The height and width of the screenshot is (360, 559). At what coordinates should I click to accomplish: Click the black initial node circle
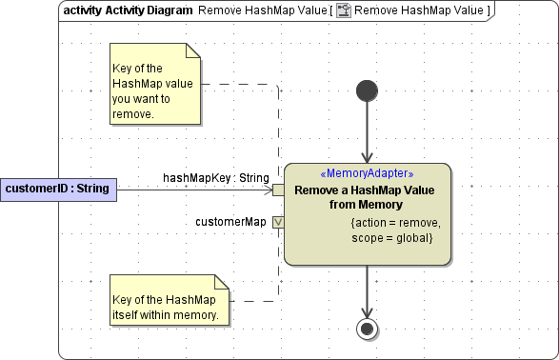coord(367,90)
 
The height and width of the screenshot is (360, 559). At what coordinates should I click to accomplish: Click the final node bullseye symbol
coord(367,329)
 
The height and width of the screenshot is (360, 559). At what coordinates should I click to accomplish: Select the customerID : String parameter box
coord(57,190)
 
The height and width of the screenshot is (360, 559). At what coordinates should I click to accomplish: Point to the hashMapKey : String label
coord(216,177)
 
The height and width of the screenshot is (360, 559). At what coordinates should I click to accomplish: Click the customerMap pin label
coord(230,222)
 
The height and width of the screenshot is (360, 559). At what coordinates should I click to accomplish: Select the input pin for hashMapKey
coord(278,190)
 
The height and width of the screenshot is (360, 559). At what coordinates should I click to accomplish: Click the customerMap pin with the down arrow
coord(278,222)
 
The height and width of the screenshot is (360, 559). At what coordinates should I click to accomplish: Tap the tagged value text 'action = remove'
coord(396,223)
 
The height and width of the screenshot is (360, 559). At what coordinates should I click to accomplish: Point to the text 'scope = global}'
coord(392,236)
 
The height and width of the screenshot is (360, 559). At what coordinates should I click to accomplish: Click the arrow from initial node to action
coord(367,133)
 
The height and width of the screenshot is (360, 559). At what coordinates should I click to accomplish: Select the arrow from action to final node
coord(367,290)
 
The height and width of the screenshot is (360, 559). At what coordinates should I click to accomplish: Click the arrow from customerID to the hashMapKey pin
coord(190,190)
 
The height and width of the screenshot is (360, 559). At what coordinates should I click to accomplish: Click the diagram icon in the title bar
coord(343,10)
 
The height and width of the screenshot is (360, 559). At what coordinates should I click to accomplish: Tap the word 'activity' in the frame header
coord(82,10)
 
